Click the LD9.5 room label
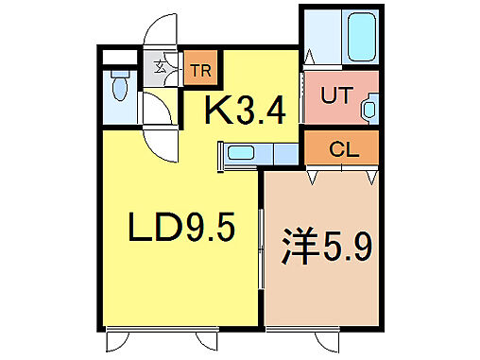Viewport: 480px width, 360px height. (x=181, y=228)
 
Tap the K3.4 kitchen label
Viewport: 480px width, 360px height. (x=246, y=112)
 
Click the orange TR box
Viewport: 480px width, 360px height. (x=199, y=70)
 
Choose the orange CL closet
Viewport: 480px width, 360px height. (x=341, y=148)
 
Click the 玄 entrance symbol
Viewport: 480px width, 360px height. (x=161, y=68)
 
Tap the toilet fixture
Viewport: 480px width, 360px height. (x=118, y=91)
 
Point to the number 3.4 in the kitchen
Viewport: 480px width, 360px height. (x=260, y=112)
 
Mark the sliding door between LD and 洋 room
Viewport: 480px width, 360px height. (x=262, y=255)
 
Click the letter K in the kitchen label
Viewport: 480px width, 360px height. (x=219, y=112)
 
